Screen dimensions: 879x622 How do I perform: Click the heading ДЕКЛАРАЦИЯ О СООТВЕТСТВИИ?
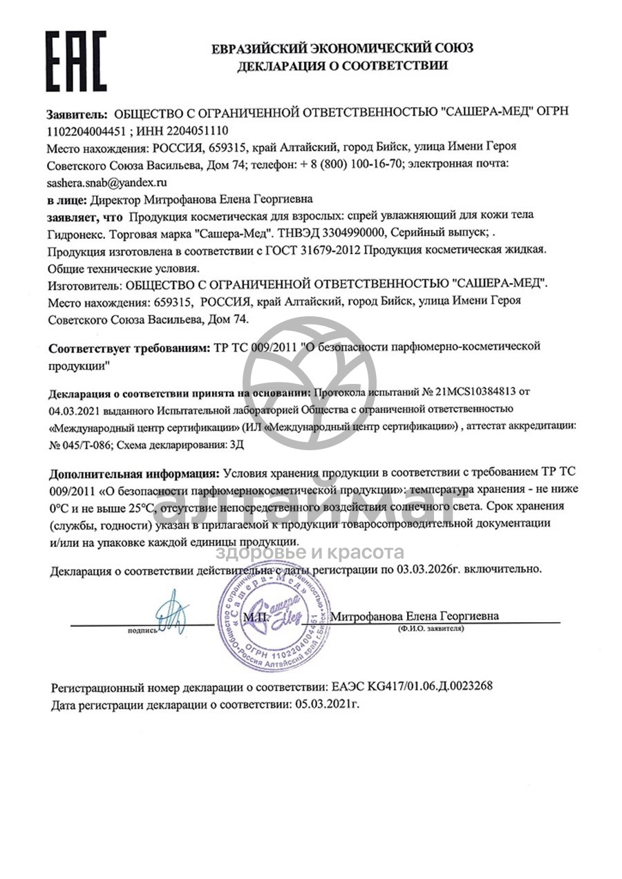[x=342, y=66]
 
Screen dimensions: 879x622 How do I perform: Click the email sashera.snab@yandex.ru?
[x=107, y=183]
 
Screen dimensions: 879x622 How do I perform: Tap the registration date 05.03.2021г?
[x=328, y=705]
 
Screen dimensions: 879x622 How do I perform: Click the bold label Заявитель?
[x=76, y=113]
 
